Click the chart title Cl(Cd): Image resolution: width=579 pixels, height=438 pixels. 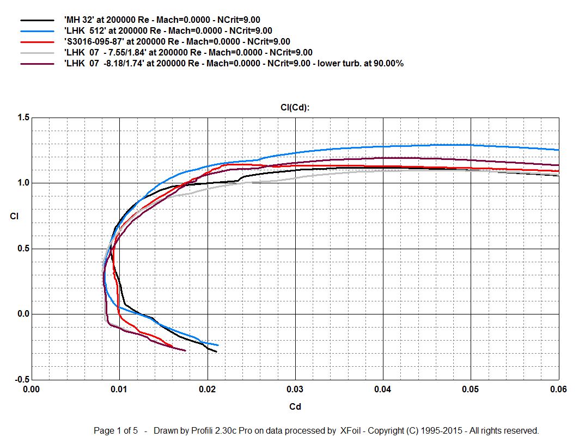point(295,107)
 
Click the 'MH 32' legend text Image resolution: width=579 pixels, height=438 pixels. point(162,20)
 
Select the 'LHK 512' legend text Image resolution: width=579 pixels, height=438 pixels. point(168,31)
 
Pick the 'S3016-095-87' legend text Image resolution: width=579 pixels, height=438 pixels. point(176,41)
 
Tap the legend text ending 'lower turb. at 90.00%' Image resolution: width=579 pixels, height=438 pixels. point(234,63)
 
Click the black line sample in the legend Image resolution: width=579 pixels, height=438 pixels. point(37,20)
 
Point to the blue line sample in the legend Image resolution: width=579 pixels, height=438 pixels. point(37,31)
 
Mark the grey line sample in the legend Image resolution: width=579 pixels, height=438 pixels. point(37,52)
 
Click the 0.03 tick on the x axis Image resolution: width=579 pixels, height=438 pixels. point(295,389)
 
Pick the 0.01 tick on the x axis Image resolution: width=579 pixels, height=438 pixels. point(119,389)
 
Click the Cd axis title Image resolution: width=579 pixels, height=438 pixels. point(295,406)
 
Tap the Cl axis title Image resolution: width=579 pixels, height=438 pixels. point(14,217)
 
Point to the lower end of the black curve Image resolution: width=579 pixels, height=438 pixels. point(216,352)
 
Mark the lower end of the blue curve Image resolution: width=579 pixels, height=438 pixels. point(218,345)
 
